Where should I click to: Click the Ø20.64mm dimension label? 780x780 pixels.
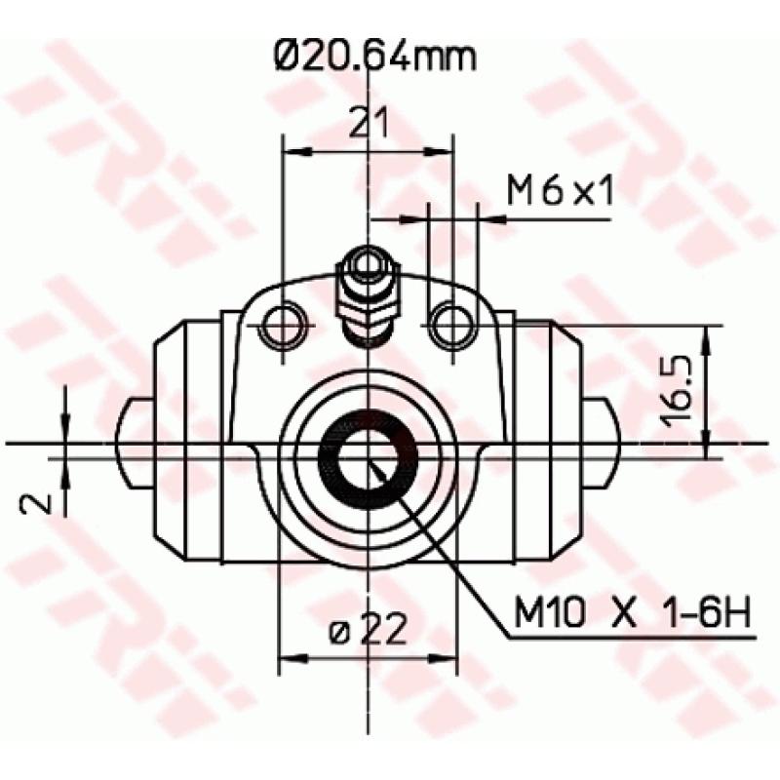click(x=375, y=57)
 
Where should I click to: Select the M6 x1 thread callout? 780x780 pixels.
click(x=559, y=192)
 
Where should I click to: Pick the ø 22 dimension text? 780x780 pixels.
click(x=368, y=634)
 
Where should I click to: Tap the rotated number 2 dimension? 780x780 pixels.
click(x=37, y=501)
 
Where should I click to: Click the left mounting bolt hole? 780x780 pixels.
click(x=284, y=324)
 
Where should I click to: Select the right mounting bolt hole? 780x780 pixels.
click(x=452, y=324)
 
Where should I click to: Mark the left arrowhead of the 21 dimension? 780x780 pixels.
click(x=290, y=151)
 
